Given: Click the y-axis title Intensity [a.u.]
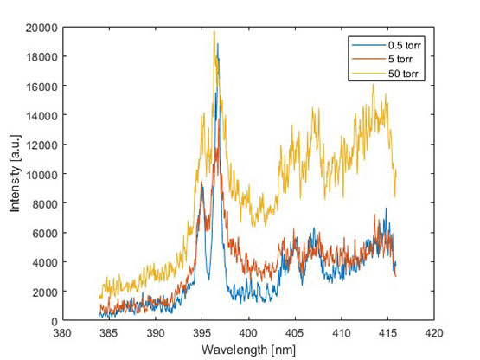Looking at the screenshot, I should pos(14,174).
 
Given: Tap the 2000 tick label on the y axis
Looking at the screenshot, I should pos(46,292).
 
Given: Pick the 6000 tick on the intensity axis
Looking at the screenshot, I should pos(46,233).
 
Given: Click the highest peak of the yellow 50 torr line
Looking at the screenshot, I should pos(214,32).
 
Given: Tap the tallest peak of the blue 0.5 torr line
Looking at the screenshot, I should pos(218,44).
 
